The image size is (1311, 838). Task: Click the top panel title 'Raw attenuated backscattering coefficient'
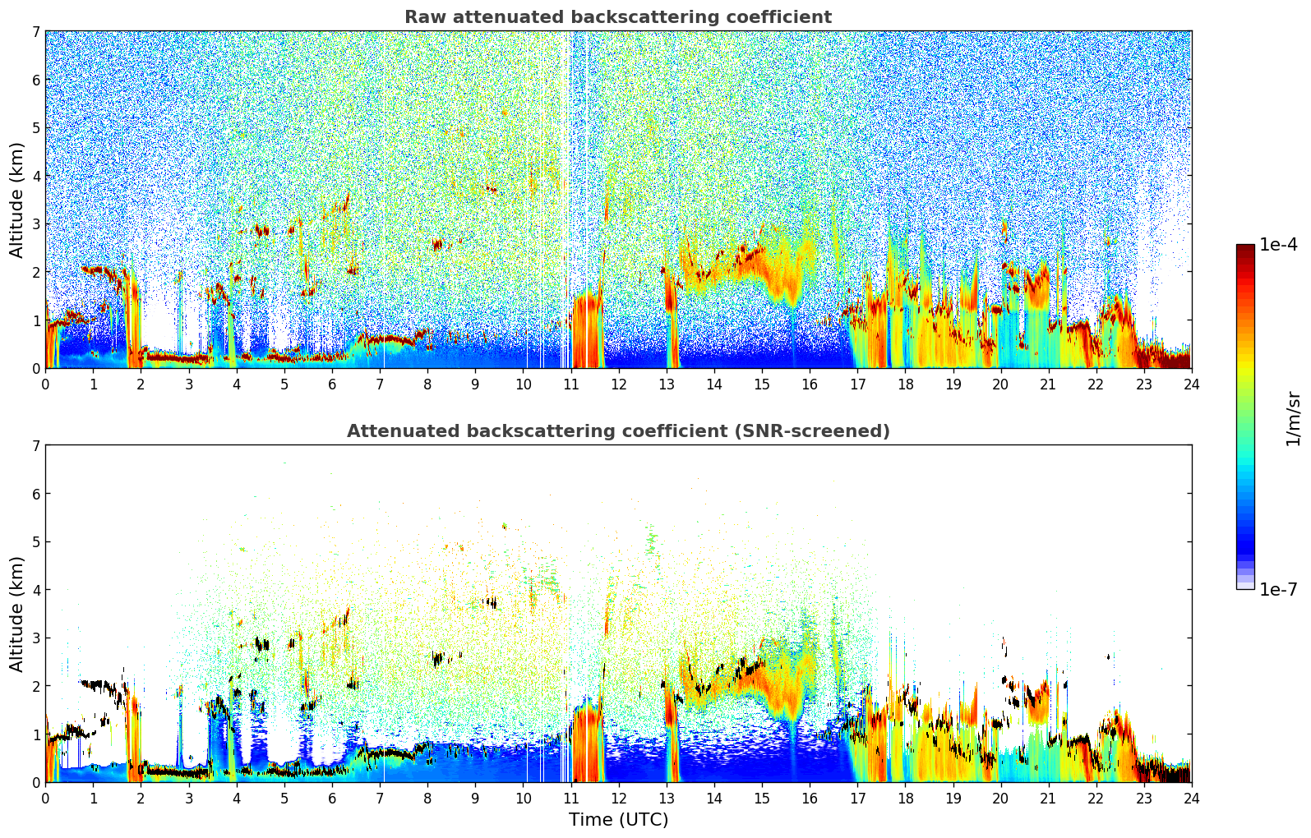[617, 17]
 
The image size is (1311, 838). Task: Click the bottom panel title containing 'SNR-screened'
[617, 431]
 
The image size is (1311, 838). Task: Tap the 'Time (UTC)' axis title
[618, 819]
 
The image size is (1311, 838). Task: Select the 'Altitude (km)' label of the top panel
[17, 200]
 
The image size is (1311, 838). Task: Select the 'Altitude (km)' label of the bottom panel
[17, 614]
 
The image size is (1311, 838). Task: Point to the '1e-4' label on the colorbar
[1278, 245]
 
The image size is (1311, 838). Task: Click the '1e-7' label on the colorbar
[1278, 589]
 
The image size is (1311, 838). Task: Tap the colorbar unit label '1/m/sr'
[1293, 418]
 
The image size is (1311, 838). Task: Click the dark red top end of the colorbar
[1245, 248]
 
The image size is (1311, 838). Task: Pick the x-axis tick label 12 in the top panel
[618, 384]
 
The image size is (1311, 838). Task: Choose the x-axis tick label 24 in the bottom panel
[1191, 798]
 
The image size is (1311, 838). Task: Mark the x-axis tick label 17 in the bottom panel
[857, 798]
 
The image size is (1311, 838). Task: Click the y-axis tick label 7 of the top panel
[36, 32]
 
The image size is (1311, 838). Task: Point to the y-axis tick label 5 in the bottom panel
[36, 542]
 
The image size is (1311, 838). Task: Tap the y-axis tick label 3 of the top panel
[36, 224]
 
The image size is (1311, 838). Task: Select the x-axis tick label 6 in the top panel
[332, 384]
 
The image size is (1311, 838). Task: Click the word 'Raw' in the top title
[422, 17]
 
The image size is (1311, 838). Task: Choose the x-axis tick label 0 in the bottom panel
[45, 798]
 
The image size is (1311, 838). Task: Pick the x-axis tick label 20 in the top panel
[1000, 384]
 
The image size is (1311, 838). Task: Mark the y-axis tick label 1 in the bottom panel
[36, 734]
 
